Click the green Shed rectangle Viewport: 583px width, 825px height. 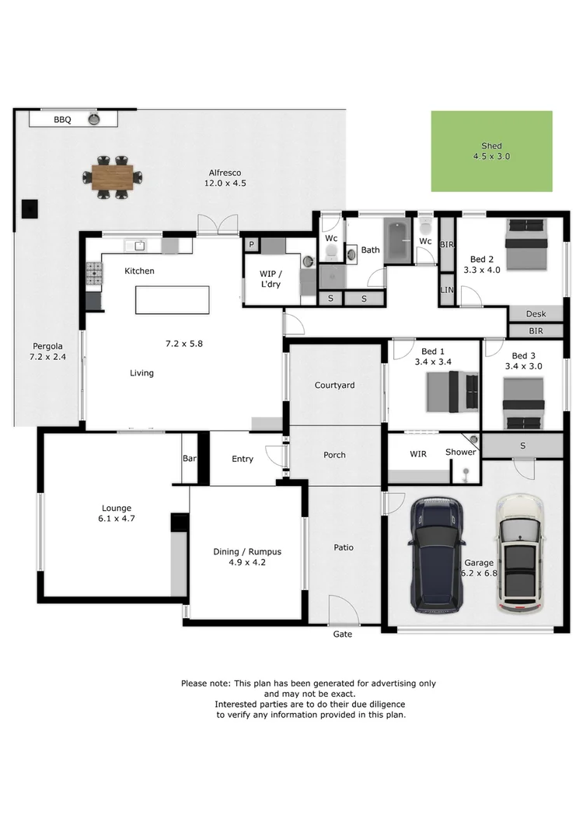[491, 151]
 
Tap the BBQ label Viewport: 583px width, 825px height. [62, 120]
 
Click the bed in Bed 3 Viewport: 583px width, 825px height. [522, 403]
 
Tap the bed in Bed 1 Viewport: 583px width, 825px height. [452, 391]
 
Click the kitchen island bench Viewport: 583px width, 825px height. [172, 299]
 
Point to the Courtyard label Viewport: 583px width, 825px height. [334, 385]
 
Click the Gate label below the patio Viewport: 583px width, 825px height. [342, 634]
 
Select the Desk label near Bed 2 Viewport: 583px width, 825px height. [536, 314]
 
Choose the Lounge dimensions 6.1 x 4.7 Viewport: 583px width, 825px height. [114, 518]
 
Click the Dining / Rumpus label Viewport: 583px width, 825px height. [247, 552]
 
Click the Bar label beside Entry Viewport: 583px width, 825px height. [189, 459]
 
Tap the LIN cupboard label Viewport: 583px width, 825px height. [446, 289]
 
